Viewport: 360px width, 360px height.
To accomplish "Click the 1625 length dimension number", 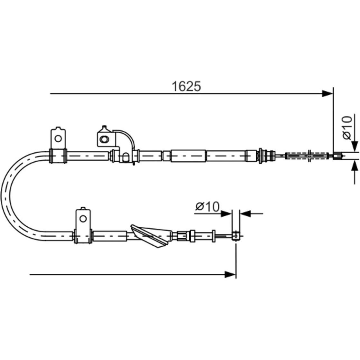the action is tap(186, 86).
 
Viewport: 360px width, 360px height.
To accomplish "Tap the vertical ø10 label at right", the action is tap(347, 128).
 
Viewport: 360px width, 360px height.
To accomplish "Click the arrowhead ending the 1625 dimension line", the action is tap(327, 94).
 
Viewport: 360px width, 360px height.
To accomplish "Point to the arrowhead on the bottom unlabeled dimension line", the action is tap(230, 275).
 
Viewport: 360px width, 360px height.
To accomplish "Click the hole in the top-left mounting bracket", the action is tap(58, 138).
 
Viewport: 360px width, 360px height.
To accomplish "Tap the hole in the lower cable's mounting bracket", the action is tap(83, 219).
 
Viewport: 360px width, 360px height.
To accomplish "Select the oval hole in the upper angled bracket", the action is tap(104, 139).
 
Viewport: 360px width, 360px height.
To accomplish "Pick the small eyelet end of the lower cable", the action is tap(236, 236).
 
